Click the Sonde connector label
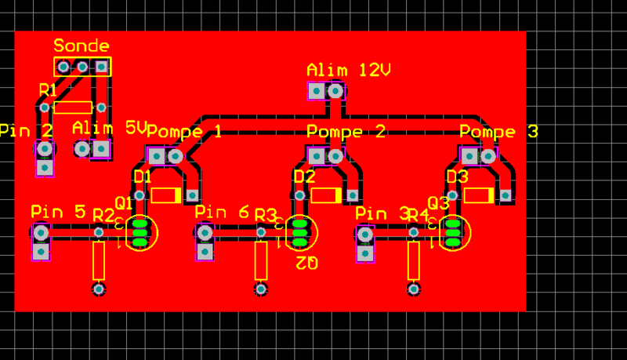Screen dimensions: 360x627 pos(82,46)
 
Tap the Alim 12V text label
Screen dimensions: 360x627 pos(349,71)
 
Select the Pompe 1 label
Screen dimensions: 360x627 pos(184,132)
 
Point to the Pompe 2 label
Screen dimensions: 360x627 pos(346,132)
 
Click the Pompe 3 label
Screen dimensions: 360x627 pos(498,132)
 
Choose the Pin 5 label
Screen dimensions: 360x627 pos(58,212)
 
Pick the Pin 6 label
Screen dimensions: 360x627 pos(222,212)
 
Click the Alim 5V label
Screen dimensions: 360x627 pos(110,128)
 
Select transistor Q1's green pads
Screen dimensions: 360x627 pos(140,233)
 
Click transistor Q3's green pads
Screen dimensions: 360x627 pos(452,233)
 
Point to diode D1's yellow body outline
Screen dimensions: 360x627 pos(166,195)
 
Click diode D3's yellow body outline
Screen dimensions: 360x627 pos(479,195)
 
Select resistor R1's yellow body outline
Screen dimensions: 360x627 pos(73,107)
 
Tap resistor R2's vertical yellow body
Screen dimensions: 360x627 pos(99,260)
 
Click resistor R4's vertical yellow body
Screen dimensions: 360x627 pos(414,260)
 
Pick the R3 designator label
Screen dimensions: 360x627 pos(265,215)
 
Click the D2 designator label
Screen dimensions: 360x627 pos(304,176)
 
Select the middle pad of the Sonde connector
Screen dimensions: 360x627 pos(82,67)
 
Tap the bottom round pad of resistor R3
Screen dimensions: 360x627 pos(261,289)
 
